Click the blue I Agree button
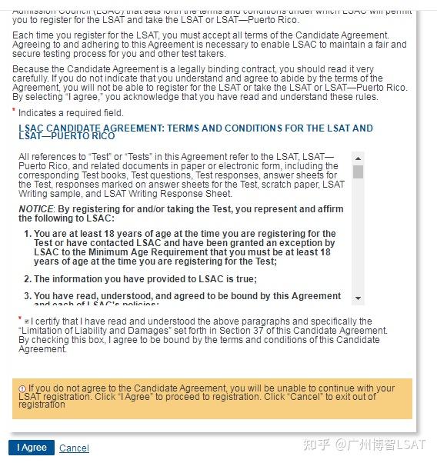(x=32, y=448)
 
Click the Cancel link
(x=74, y=448)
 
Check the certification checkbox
(x=27, y=321)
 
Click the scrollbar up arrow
(x=358, y=157)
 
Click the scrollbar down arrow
(x=358, y=298)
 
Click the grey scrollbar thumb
(x=358, y=172)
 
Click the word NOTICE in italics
(x=35, y=209)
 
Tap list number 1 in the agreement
(x=27, y=234)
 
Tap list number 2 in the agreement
(x=27, y=279)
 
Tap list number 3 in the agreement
(x=27, y=296)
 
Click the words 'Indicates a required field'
(x=71, y=113)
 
